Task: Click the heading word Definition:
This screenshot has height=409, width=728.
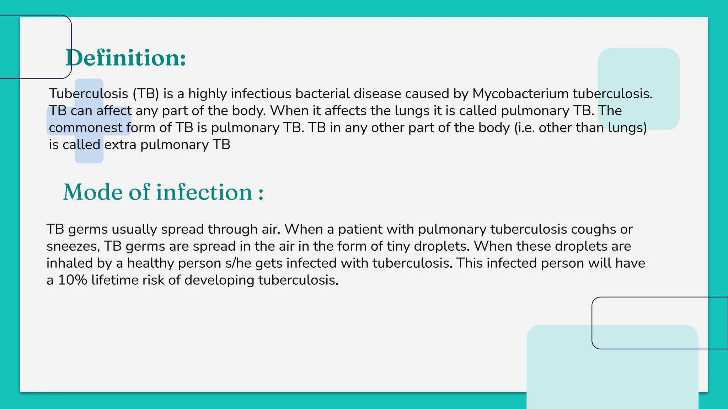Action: [x=125, y=58]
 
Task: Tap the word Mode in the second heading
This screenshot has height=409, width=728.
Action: [x=93, y=192]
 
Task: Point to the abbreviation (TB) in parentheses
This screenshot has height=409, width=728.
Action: [x=146, y=94]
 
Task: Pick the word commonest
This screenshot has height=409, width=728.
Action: [x=86, y=128]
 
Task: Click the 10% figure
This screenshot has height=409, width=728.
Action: [x=73, y=280]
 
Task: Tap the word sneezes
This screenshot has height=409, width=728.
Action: [x=73, y=246]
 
